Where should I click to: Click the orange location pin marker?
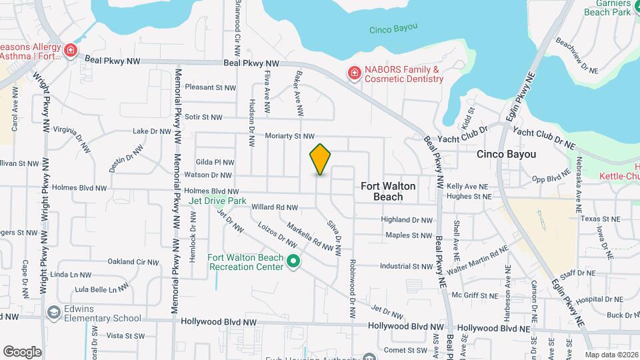(x=320, y=159)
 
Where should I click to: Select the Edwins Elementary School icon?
(x=53, y=313)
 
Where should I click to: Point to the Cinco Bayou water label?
(x=393, y=28)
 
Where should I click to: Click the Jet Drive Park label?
(x=217, y=201)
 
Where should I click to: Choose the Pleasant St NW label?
(x=211, y=87)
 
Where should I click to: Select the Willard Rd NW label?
(x=274, y=207)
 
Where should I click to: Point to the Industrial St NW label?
(x=406, y=267)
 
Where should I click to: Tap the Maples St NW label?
(x=409, y=235)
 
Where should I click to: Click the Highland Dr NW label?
(x=407, y=219)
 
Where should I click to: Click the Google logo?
(x=22, y=351)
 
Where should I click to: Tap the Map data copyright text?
(x=611, y=355)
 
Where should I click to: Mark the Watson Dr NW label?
(x=207, y=176)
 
